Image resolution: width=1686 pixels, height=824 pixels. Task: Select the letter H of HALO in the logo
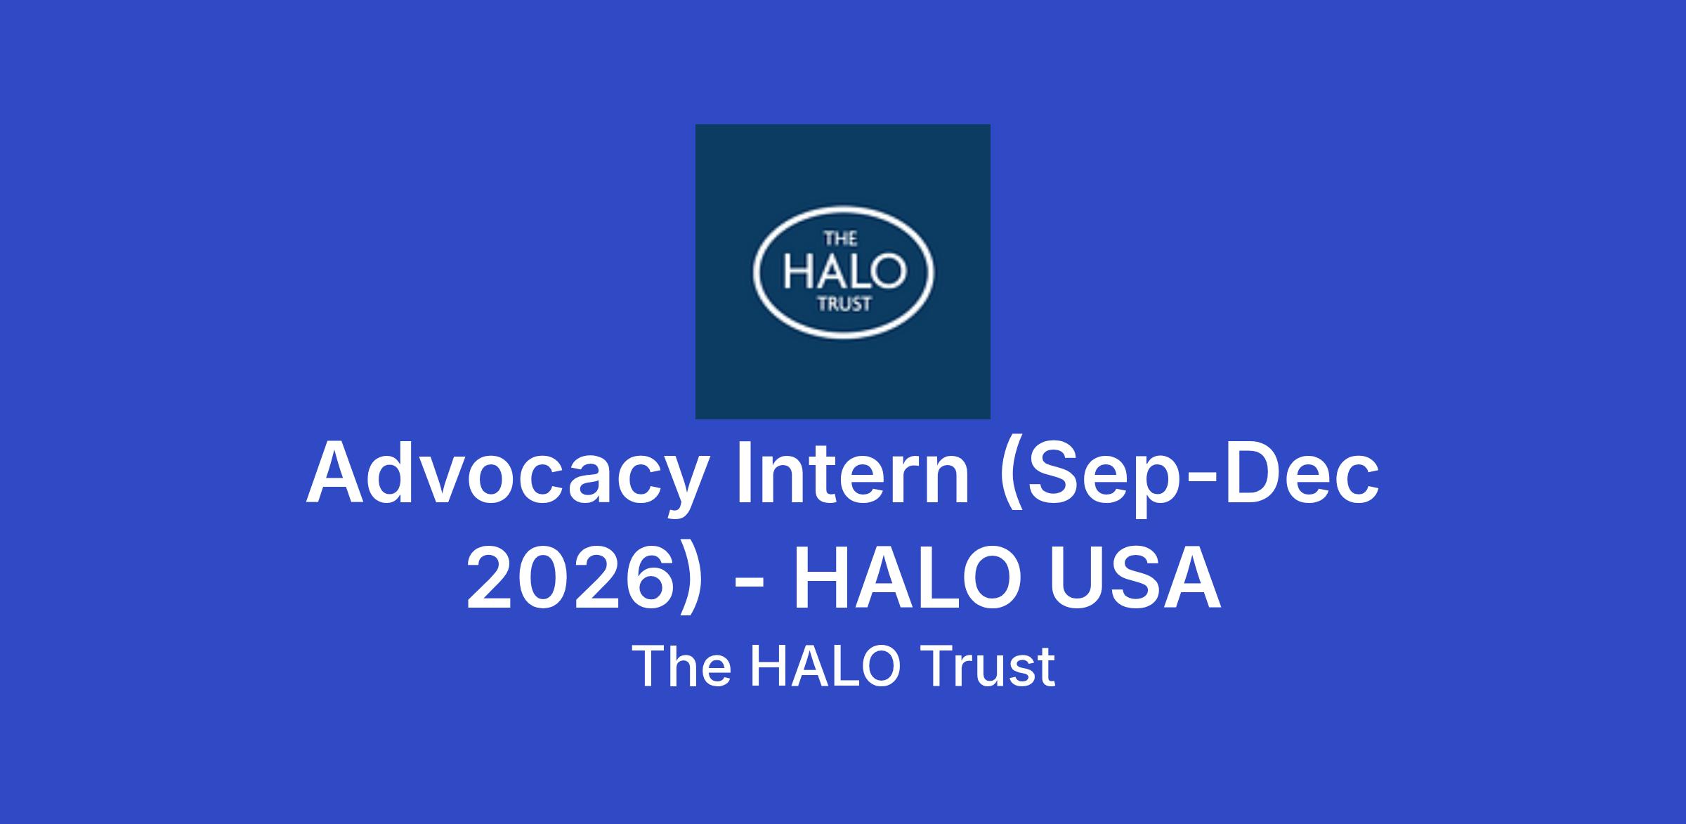pos(797,273)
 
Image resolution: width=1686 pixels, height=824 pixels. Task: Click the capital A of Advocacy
pos(335,472)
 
